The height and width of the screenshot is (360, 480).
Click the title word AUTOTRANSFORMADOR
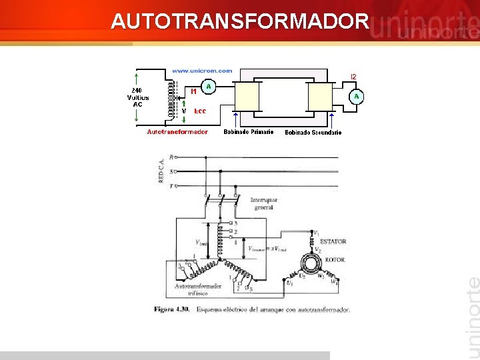[x=239, y=21]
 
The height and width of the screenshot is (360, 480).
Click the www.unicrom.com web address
[x=202, y=71]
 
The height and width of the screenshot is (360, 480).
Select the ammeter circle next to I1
[x=209, y=86]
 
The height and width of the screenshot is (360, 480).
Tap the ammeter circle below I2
[x=357, y=97]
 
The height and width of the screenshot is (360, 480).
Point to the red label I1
[x=193, y=91]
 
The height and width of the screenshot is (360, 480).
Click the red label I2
[x=353, y=77]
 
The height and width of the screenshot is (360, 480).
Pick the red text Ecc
[x=199, y=111]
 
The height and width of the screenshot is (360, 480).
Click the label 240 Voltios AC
[x=139, y=97]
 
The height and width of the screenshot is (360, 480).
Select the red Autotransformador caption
[x=177, y=132]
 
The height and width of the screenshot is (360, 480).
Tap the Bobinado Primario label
[x=248, y=132]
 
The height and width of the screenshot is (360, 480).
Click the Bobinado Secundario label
[x=313, y=133]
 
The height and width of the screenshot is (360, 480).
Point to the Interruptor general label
[x=264, y=203]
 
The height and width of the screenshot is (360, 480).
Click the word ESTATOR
[x=333, y=241]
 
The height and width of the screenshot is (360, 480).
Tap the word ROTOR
[x=335, y=259]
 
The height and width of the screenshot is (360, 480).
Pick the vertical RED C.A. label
[x=161, y=169]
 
